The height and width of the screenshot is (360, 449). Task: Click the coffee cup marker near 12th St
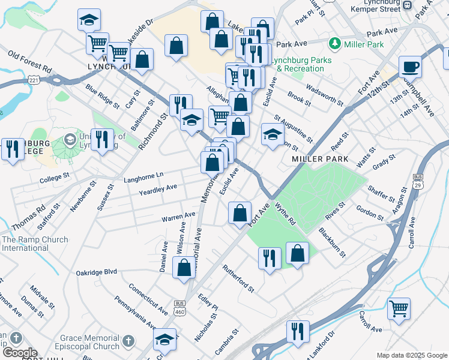pos(411,67)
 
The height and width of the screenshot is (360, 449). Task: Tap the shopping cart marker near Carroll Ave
pos(399,309)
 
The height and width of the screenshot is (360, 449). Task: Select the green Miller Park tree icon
pos(334,44)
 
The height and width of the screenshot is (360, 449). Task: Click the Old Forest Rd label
pos(29,61)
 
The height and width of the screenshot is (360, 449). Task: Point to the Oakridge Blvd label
pos(96,272)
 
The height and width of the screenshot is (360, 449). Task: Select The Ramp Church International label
pos(35,244)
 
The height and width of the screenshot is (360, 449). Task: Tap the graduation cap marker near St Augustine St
pos(272,135)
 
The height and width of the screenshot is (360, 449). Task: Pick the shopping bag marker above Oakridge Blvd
pos(184,268)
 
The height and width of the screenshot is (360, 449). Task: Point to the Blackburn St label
pos(332,242)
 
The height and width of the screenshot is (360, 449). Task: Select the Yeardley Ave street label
pos(158,188)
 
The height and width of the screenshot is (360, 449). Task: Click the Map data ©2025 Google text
pos(411,355)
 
